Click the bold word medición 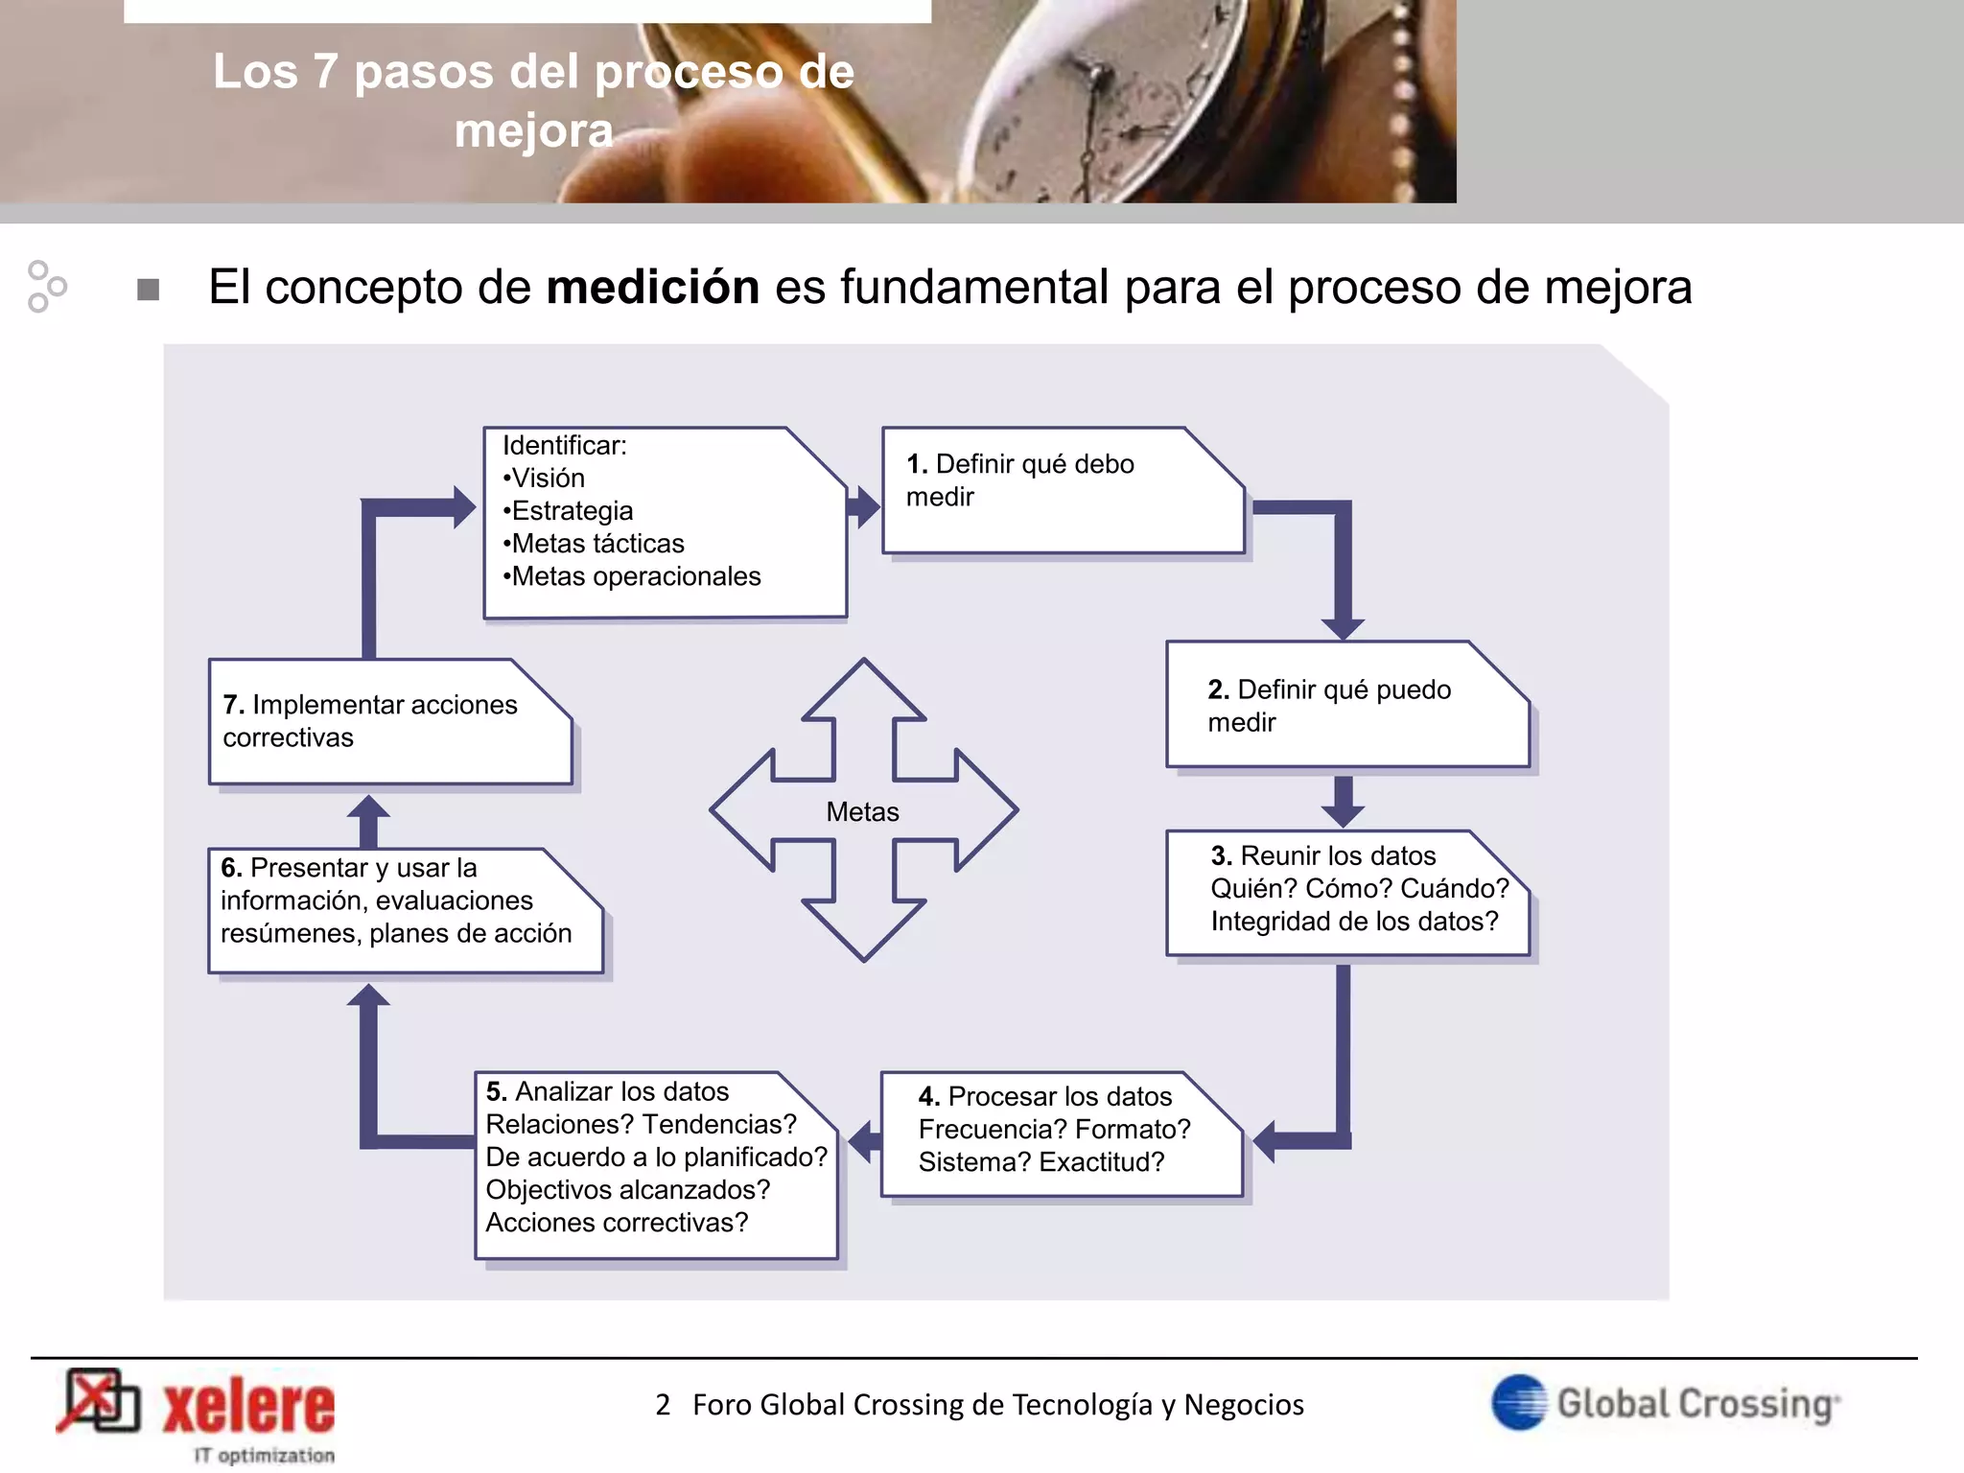click(652, 287)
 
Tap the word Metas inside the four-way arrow click(862, 812)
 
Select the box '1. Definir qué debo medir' click(1062, 491)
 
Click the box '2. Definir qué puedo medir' click(1345, 705)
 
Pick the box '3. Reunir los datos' click(1345, 892)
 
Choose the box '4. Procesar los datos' click(1060, 1134)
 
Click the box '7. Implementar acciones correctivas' click(388, 721)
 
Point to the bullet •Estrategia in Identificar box click(568, 510)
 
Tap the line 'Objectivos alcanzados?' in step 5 click(627, 1190)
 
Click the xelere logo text click(249, 1408)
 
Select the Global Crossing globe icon click(1519, 1402)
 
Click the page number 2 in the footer click(663, 1405)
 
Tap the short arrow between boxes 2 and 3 click(1343, 802)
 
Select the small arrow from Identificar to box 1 click(864, 506)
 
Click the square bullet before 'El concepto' click(148, 289)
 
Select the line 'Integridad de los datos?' click(1353, 922)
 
